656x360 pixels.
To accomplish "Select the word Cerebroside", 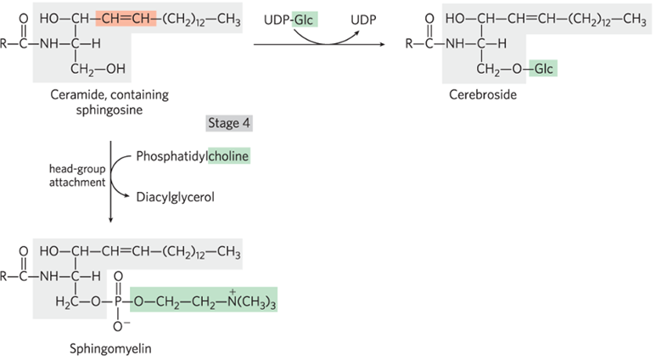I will coord(483,95).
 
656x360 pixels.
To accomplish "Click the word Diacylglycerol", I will coord(175,197).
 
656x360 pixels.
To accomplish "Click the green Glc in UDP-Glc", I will coord(306,19).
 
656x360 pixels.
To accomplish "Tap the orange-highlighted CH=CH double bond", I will coord(124,19).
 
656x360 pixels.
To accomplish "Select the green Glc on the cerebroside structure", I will coord(543,67).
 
